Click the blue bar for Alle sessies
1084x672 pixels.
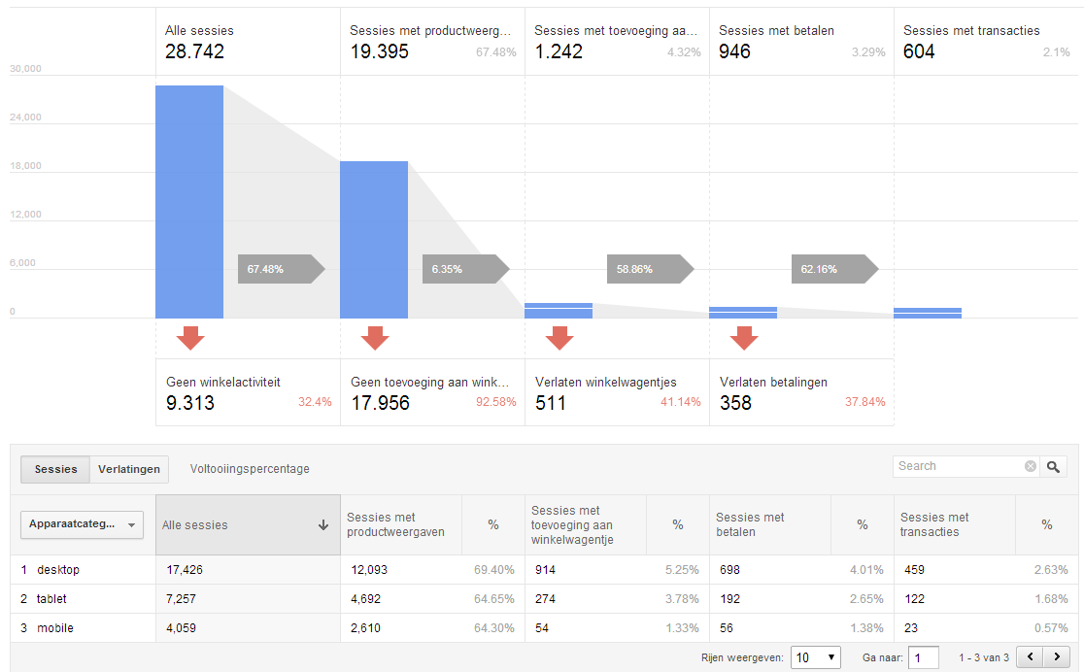point(189,202)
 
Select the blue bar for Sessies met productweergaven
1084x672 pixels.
point(374,240)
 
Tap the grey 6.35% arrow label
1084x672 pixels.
point(465,269)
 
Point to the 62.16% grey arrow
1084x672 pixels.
point(834,269)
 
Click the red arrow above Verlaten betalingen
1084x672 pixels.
point(744,338)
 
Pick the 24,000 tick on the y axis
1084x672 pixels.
point(25,117)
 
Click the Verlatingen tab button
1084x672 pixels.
point(128,469)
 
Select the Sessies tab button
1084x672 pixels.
point(55,469)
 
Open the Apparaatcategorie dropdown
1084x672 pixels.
point(83,524)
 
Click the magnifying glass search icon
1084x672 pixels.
point(1053,467)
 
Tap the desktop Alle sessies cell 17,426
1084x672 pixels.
point(184,570)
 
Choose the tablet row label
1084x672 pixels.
point(51,599)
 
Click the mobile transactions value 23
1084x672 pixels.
point(911,627)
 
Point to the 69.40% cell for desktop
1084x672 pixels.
point(493,570)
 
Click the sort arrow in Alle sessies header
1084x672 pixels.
point(322,524)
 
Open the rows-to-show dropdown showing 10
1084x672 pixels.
point(816,657)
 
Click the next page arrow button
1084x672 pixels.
point(1057,656)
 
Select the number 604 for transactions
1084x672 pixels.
point(919,51)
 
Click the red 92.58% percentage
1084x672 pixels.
point(495,402)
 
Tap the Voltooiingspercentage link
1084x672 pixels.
point(250,469)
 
